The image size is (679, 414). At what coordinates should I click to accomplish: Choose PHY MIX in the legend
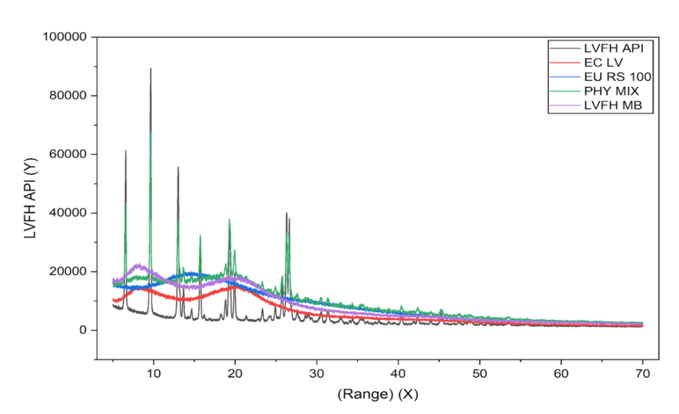click(x=607, y=91)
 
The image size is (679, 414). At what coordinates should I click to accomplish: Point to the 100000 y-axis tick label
click(x=65, y=37)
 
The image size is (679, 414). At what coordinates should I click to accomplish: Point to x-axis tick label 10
click(x=154, y=373)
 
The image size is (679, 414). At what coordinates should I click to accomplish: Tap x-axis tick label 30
click(x=317, y=373)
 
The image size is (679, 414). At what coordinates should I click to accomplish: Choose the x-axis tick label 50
click(x=480, y=373)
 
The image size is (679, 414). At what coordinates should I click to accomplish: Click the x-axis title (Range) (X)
click(x=378, y=395)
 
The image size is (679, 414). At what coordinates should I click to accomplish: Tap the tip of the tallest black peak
click(x=150, y=69)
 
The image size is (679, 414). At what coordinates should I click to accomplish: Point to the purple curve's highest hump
click(x=138, y=265)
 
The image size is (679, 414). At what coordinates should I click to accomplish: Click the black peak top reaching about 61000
click(x=126, y=151)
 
